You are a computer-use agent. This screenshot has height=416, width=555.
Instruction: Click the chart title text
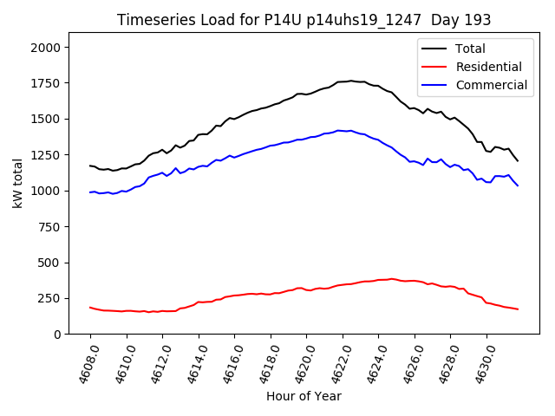(x=304, y=20)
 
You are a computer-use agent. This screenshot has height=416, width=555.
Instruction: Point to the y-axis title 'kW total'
(x=17, y=184)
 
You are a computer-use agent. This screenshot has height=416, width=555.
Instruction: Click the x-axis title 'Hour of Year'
(x=304, y=396)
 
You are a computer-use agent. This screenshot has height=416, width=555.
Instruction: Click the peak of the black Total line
(x=350, y=81)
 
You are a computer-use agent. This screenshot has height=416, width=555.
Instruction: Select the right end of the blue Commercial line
(x=518, y=185)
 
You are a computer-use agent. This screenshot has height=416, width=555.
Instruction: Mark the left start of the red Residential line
(x=90, y=307)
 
